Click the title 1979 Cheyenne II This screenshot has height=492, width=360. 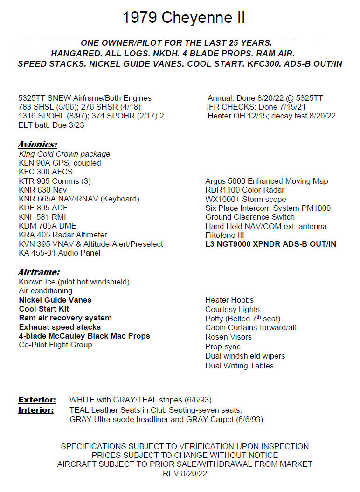pyautogui.click(x=183, y=18)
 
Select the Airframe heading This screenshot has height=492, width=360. pyautogui.click(x=39, y=272)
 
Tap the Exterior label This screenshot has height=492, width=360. pyautogui.click(x=37, y=400)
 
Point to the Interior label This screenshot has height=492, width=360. pyautogui.click(x=36, y=410)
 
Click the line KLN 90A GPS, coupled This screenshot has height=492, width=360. pyautogui.click(x=60, y=163)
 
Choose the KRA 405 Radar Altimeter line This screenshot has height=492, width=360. pyautogui.click(x=63, y=235)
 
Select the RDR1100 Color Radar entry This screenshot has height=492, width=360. pyautogui.click(x=245, y=190)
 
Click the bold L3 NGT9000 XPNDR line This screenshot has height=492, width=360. pyautogui.click(x=270, y=244)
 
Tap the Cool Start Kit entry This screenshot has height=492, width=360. pyautogui.click(x=44, y=309)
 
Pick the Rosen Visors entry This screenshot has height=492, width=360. pyautogui.click(x=228, y=337)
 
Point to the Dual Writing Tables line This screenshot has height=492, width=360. pyautogui.click(x=239, y=366)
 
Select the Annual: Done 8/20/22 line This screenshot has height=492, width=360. pyautogui.click(x=265, y=98)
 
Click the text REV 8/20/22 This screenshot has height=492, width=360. pyautogui.click(x=185, y=473)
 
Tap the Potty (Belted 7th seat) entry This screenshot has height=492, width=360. pyautogui.click(x=242, y=319)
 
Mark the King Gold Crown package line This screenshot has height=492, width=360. pyautogui.click(x=64, y=154)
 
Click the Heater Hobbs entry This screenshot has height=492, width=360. pyautogui.click(x=229, y=300)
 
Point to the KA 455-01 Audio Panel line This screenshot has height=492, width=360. pyautogui.click(x=59, y=253)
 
